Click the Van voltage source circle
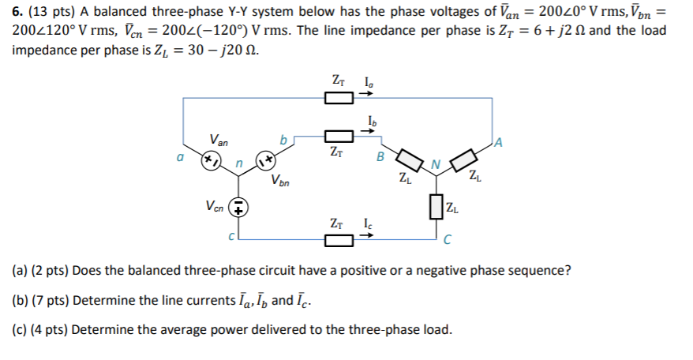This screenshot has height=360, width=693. (x=209, y=160)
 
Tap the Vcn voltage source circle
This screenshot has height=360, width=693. (x=234, y=208)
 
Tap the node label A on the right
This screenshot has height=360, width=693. (x=498, y=142)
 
